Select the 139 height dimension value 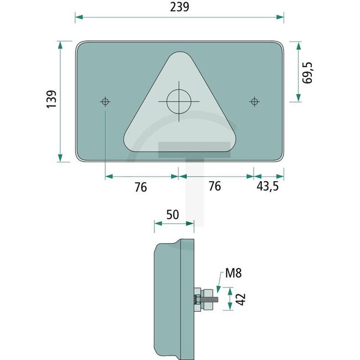pyautogui.click(x=50, y=100)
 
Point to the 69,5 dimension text pyautogui.click(x=308, y=73)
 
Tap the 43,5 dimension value pyautogui.click(x=268, y=187)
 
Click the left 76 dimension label pyautogui.click(x=141, y=187)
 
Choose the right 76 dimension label pyautogui.click(x=214, y=187)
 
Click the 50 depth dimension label pyautogui.click(x=173, y=214)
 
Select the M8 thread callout pyautogui.click(x=233, y=273)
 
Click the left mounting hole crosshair pyautogui.click(x=105, y=101)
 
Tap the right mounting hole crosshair pyautogui.click(x=254, y=101)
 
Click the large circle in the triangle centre pyautogui.click(x=179, y=101)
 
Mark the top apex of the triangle pyautogui.click(x=179, y=54)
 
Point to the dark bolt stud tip pyautogui.click(x=217, y=300)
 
